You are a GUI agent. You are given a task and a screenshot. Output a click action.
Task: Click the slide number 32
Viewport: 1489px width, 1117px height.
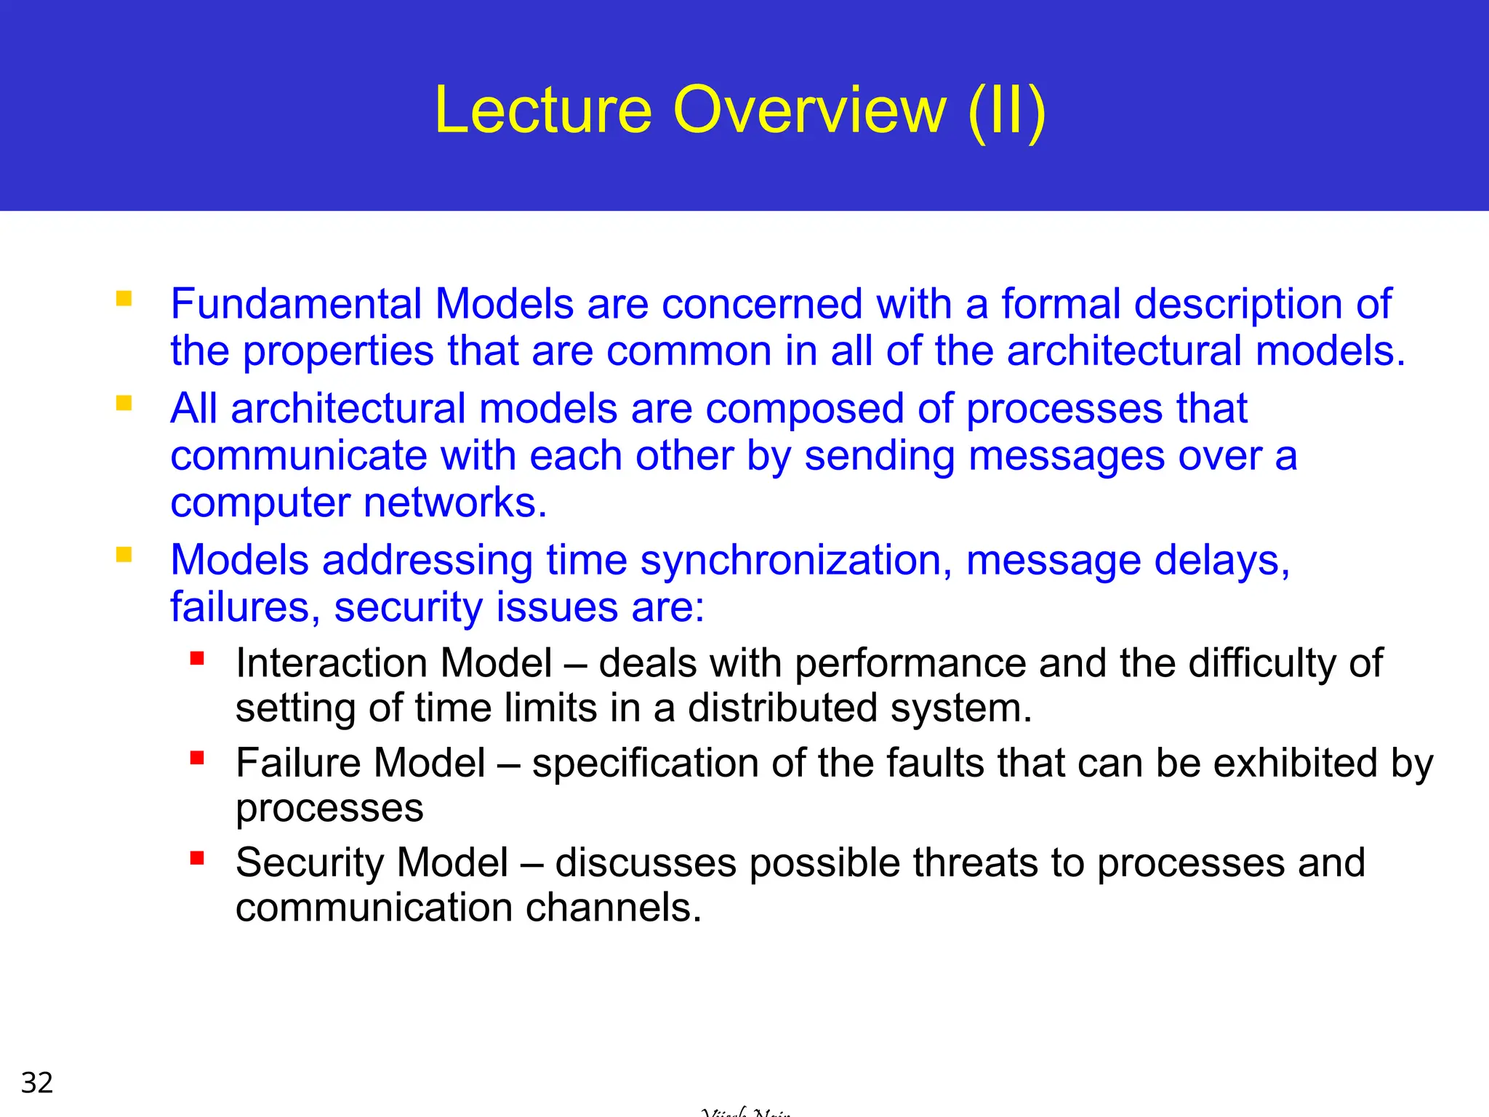[37, 1083]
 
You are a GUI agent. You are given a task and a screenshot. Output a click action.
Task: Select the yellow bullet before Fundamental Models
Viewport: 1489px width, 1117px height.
[124, 299]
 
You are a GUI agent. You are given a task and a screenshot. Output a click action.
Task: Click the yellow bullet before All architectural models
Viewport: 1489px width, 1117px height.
[124, 403]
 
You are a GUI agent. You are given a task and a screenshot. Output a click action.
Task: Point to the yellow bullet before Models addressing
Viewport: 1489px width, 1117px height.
[124, 556]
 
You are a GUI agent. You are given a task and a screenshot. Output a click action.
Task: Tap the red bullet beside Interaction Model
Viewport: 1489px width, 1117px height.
[197, 659]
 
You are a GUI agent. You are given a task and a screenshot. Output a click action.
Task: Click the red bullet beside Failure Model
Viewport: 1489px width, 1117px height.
[197, 758]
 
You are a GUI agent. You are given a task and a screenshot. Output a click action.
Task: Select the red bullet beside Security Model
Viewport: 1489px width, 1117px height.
[197, 858]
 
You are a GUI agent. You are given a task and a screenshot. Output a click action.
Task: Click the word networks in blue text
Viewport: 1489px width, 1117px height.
[454, 503]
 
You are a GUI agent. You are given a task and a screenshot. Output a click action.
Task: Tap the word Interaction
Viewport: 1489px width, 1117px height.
[331, 663]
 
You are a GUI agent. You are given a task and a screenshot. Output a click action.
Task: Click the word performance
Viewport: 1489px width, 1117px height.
[910, 663]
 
